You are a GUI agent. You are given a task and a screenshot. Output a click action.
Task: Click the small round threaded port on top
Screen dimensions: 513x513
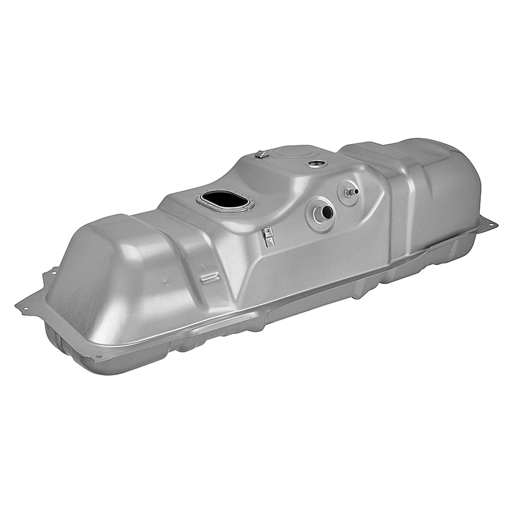[315, 164]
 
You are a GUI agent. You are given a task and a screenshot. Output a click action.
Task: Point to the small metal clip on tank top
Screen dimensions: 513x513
[260, 154]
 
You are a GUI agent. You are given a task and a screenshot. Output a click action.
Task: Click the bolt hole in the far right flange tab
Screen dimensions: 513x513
[492, 224]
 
